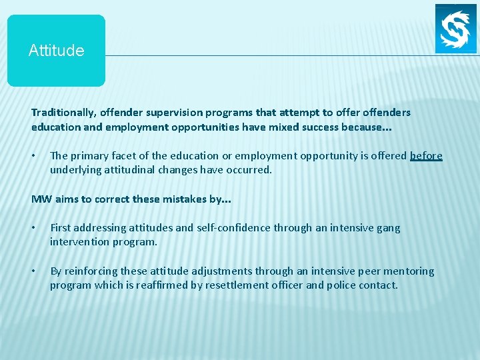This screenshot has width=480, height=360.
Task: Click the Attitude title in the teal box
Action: tap(56, 51)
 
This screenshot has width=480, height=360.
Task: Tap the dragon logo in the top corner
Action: tap(456, 29)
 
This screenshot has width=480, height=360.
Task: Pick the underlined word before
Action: tap(426, 155)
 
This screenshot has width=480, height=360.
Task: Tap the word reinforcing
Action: tap(93, 271)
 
